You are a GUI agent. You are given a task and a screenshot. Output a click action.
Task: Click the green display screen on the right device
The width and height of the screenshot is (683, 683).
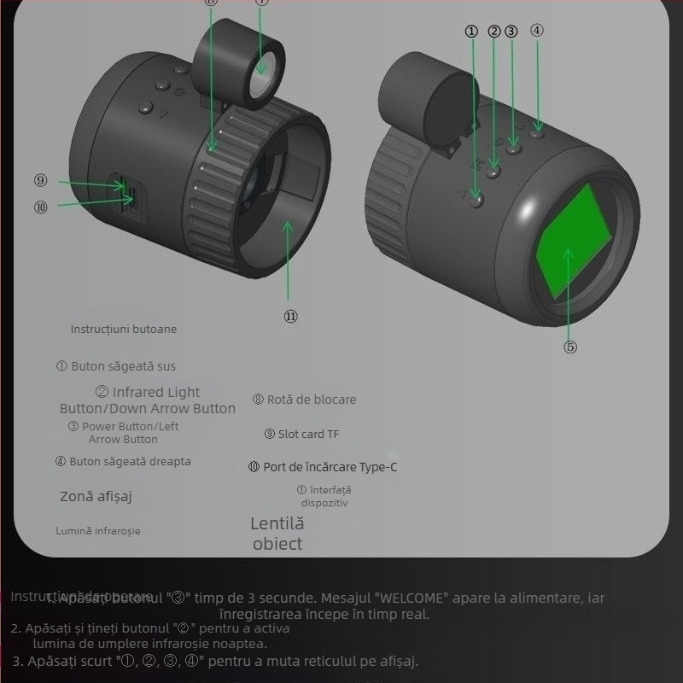(573, 240)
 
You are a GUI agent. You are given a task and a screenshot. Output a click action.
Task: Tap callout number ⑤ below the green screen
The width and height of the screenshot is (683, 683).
(570, 347)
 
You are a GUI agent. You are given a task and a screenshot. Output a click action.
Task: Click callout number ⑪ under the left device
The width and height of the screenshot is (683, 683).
(290, 316)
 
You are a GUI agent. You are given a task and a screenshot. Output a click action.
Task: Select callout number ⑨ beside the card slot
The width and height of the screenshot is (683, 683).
(41, 181)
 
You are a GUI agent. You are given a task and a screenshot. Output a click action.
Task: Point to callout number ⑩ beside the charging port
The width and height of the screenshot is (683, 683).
(41, 206)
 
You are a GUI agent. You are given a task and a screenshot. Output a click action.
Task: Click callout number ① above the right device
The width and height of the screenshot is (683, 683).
(471, 32)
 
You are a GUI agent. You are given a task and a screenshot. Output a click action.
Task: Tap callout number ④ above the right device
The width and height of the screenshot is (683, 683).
(536, 30)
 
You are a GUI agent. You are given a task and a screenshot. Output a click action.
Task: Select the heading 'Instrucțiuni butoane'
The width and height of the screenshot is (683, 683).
(124, 329)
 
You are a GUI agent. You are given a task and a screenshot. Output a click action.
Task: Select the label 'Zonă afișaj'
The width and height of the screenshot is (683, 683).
(96, 496)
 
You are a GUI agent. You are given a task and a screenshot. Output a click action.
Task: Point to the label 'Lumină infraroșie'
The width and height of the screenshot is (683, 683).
(98, 531)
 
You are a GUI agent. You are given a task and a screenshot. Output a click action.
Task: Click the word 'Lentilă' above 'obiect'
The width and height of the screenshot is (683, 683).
(277, 523)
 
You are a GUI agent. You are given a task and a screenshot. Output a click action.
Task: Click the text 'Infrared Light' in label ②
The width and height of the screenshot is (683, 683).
(156, 393)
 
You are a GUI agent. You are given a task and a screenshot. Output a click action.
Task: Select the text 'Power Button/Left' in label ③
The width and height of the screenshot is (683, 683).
(131, 426)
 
